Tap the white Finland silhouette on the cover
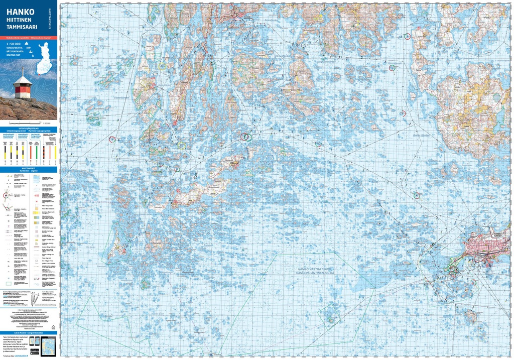tap(44, 52)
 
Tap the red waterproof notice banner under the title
tap(29, 38)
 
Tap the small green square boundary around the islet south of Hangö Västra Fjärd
tap(330, 315)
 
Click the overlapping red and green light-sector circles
tap(245, 137)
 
